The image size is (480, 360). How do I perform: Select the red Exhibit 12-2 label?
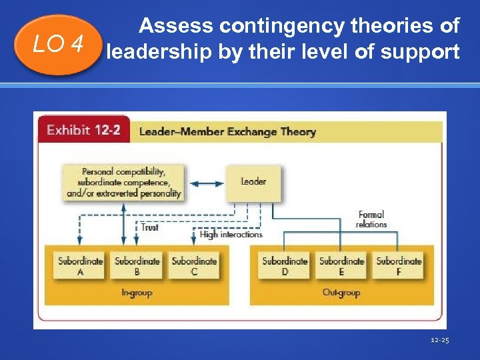(83, 130)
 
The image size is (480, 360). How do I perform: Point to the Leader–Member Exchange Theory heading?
(227, 131)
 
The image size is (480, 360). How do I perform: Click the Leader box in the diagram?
(253, 182)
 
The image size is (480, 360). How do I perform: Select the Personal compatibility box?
(124, 182)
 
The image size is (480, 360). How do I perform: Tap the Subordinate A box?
(80, 266)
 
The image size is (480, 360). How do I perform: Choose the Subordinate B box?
(137, 266)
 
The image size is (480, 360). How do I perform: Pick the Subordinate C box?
(194, 266)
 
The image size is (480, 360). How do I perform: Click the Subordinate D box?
(285, 266)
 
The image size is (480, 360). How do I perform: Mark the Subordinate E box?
(341, 266)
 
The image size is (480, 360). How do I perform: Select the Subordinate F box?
(399, 266)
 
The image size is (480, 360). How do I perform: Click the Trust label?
(150, 228)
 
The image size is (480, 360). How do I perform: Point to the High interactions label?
(231, 235)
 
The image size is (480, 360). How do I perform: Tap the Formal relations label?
(371, 219)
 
